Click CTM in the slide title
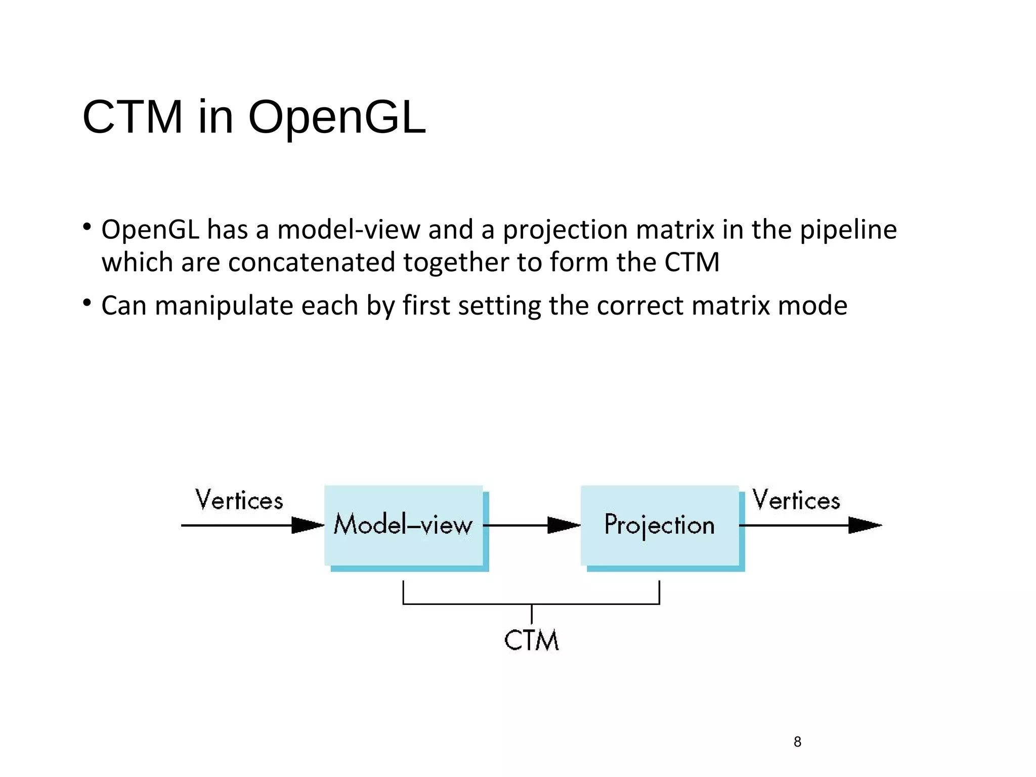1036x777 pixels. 133,117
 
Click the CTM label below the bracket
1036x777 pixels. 531,640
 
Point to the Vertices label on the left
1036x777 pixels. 239,500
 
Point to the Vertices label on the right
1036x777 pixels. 796,500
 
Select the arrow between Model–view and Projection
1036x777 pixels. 531,525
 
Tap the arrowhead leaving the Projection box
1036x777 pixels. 864,525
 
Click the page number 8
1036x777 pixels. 797,742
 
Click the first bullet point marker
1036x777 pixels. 87,226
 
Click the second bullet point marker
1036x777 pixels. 87,303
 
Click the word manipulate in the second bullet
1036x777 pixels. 224,306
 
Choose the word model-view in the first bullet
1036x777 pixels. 349,230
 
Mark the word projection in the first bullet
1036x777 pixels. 565,230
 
